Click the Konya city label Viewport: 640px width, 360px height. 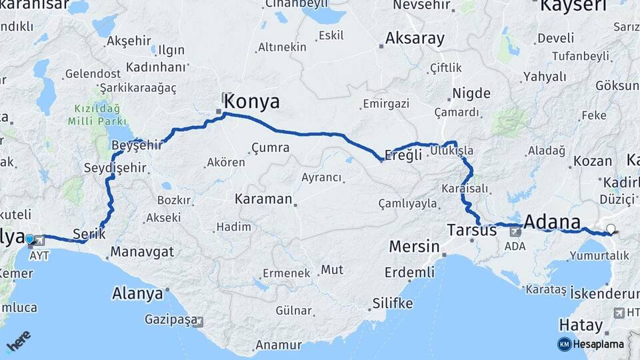tap(251, 101)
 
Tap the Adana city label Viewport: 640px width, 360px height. tap(552, 221)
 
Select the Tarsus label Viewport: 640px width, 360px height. tap(471, 231)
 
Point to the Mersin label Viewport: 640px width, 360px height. tap(413, 247)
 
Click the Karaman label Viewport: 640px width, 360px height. tap(263, 199)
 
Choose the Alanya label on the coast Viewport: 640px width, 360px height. tap(137, 293)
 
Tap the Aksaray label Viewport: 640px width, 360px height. tap(415, 38)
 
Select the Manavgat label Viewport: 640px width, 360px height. tap(142, 252)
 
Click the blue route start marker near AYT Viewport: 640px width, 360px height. tap(29, 238)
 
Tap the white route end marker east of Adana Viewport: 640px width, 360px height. tap(611, 229)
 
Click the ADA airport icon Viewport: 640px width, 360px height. tap(515, 232)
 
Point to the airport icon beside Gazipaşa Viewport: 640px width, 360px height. tap(199, 321)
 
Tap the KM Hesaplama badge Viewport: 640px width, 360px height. tap(591, 344)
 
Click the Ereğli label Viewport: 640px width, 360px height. tap(404, 155)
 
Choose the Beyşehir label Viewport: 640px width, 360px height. tap(138, 145)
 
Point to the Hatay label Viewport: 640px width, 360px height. tap(581, 325)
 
